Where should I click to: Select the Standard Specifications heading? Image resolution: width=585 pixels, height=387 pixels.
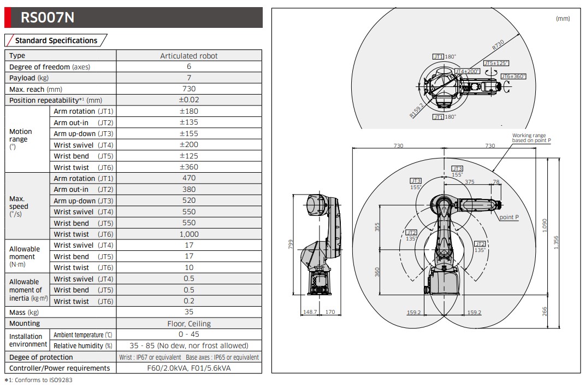56,40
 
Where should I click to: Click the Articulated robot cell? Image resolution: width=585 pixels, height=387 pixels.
188,56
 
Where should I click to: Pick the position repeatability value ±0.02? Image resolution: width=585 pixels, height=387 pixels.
188,100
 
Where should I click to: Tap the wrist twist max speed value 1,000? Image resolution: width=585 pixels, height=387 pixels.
188,234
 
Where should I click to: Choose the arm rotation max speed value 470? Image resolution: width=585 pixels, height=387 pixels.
188,178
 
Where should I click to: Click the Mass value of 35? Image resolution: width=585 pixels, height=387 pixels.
188,312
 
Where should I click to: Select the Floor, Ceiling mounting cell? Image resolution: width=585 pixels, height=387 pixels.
188,324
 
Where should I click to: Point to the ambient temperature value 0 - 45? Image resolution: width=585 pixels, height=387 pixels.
188,335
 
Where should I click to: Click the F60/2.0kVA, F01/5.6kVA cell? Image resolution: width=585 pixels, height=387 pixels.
188,368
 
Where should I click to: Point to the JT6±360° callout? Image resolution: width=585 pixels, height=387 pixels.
513,77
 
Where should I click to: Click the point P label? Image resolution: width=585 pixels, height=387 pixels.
509,218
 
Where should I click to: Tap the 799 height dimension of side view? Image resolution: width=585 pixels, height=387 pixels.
291,244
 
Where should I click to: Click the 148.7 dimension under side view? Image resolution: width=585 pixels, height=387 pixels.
310,313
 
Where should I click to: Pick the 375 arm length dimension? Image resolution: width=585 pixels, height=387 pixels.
469,182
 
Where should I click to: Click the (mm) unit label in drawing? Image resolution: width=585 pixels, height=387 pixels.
563,19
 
